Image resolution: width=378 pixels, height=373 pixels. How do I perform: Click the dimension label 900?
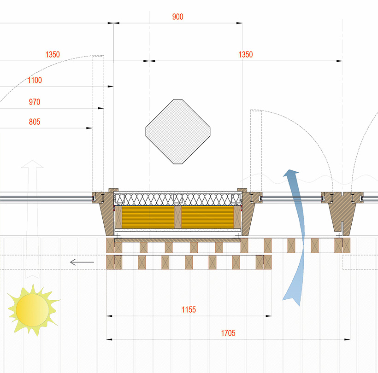[x=177, y=17]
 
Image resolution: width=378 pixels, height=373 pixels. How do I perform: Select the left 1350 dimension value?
[x=53, y=55]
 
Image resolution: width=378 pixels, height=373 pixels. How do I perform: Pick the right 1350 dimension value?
[x=245, y=55]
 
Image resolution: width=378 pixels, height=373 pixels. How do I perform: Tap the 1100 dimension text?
[x=35, y=81]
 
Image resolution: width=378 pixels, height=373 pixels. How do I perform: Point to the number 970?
[x=35, y=101]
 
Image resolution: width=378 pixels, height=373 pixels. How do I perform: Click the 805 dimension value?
[x=35, y=122]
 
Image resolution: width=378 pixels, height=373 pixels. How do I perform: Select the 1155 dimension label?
[x=189, y=310]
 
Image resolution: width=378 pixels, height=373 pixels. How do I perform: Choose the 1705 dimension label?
[x=228, y=333]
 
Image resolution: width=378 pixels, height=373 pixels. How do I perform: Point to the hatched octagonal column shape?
[x=178, y=132]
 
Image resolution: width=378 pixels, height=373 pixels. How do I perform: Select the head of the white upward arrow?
[x=32, y=164]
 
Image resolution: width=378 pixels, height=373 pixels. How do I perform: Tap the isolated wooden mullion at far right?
[x=342, y=210]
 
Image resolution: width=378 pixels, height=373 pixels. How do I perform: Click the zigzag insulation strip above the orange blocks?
[x=177, y=199]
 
